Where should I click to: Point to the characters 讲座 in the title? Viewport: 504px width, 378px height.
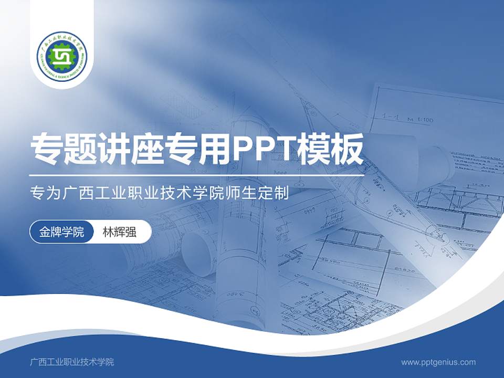point(132,149)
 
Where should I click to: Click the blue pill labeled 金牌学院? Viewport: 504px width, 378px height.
point(61,232)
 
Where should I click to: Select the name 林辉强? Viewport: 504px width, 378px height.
point(119,232)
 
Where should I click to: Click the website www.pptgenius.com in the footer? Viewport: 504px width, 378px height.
point(438,362)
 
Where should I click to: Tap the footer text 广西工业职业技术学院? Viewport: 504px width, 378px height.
point(72,362)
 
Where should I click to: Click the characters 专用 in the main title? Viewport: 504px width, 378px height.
point(199,149)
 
